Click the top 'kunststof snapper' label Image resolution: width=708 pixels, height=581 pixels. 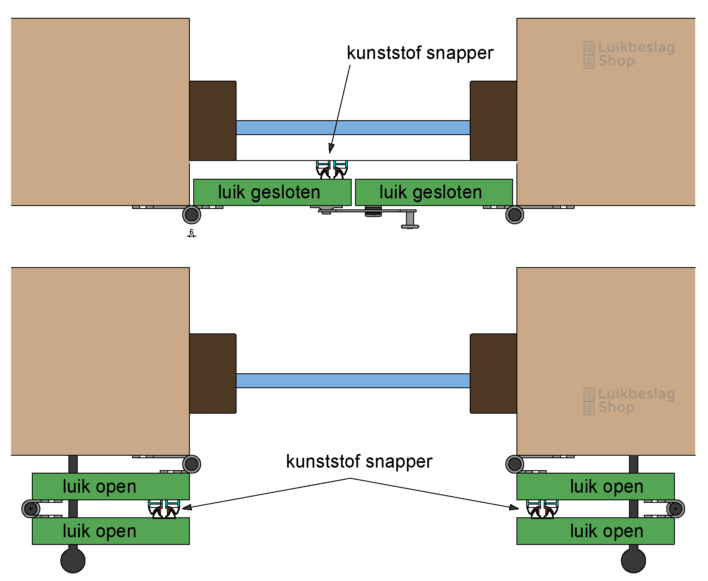pos(420,53)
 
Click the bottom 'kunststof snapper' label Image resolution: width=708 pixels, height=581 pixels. pos(359,462)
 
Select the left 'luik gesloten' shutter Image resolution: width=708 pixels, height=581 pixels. pos(272,192)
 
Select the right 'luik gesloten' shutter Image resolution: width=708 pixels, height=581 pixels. pos(434,192)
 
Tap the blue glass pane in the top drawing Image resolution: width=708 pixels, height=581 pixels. pos(353,127)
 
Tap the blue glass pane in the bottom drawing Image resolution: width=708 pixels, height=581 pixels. pos(353,381)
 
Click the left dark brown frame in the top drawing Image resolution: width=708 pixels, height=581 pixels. pos(213,121)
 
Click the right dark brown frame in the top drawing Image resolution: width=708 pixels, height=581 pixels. pos(494,121)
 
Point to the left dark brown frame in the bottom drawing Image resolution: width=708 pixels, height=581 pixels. pos(213,373)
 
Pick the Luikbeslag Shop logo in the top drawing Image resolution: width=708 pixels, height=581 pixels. pos(629,54)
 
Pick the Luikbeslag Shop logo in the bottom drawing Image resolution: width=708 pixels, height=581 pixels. pos(629,401)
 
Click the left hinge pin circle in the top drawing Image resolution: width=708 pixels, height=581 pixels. pos(192,215)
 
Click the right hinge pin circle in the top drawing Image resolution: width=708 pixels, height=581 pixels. pos(515,215)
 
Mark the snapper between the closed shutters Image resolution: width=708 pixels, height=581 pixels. pos(332,170)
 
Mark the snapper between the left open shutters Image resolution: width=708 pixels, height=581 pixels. pos(164,509)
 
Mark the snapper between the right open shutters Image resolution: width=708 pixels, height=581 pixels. pos(542,509)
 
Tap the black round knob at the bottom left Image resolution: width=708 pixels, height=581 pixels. pos(73,560)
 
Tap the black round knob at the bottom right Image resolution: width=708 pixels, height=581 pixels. pos(633,560)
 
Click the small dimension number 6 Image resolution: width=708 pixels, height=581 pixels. pos(192,231)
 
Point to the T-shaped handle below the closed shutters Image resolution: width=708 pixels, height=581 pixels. pos(410,220)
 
